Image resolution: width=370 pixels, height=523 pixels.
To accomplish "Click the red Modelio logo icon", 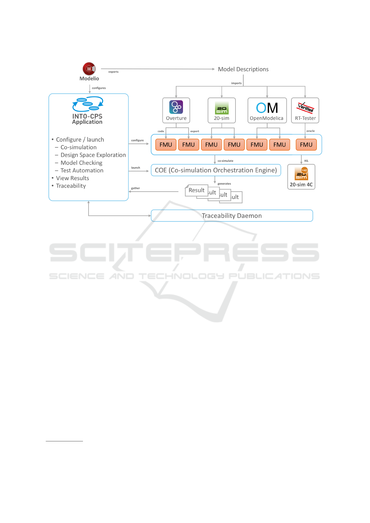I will [x=89, y=69].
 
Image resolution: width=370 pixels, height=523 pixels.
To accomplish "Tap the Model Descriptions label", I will [x=243, y=69].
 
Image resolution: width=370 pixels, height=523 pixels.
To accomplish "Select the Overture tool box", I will [x=176, y=111].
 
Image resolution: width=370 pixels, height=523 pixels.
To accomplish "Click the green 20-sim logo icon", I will [x=222, y=108].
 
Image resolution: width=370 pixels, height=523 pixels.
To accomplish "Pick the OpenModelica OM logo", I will [x=267, y=108].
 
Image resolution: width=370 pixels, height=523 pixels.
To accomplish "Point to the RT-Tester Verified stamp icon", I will [x=305, y=107].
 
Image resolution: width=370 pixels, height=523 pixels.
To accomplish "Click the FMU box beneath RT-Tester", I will [x=306, y=145].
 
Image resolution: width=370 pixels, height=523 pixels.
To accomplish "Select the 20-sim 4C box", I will [x=301, y=177].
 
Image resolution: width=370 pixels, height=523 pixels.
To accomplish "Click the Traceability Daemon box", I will [x=232, y=216].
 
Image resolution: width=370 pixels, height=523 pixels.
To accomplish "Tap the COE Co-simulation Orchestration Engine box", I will [x=216, y=170].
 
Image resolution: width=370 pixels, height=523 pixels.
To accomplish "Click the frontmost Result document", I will [x=196, y=190].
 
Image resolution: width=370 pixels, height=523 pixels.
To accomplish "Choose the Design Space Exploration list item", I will [x=93, y=155].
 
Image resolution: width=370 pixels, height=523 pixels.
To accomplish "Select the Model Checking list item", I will [x=81, y=163].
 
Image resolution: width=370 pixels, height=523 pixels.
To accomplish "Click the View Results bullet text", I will [x=72, y=178].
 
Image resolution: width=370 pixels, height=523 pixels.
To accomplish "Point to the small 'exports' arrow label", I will [x=113, y=72].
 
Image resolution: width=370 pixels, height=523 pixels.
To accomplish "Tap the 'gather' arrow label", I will [x=135, y=188].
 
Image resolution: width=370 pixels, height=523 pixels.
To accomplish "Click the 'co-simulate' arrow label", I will [x=225, y=161].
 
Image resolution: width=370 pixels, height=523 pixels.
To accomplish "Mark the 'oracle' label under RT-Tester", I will [x=310, y=131].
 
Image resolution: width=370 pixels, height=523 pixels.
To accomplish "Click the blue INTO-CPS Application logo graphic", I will [x=88, y=104].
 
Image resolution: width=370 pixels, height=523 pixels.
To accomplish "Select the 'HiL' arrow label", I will [x=306, y=161].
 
